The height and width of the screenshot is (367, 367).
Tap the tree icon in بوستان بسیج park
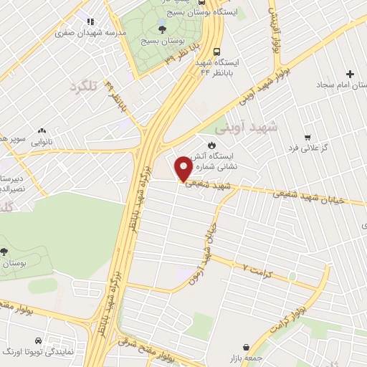coord(163,29)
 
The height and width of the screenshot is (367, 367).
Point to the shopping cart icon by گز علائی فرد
coord(308,137)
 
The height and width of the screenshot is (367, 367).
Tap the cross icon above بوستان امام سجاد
coord(350,75)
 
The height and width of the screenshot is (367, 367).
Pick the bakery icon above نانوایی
coord(42,131)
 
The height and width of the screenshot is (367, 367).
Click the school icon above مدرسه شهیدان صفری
coord(89,22)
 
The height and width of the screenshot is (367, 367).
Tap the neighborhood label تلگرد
coord(82,87)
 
